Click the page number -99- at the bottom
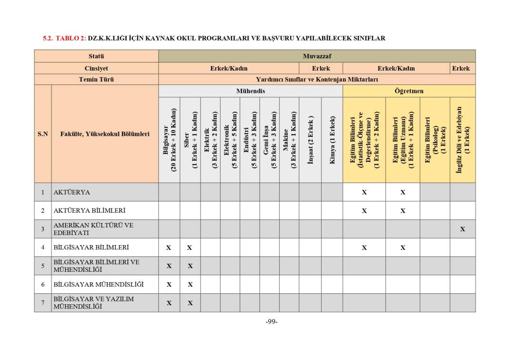pyautogui.click(x=271, y=321)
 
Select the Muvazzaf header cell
pyautogui.click(x=316, y=56)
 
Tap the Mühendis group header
pyautogui.click(x=250, y=91)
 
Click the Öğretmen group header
pyautogui.click(x=408, y=91)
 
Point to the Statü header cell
pyautogui.click(x=96, y=56)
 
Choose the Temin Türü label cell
pyautogui.click(x=96, y=80)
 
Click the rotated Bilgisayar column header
pyautogui.click(x=169, y=140)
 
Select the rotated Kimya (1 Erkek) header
pyautogui.click(x=332, y=140)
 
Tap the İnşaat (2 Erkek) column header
pyautogui.click(x=310, y=140)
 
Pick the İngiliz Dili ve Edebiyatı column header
pyautogui.click(x=462, y=140)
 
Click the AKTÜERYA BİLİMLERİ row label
pyautogui.click(x=90, y=210)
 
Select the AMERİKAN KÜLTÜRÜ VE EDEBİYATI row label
pyautogui.click(x=93, y=229)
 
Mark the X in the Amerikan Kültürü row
pyautogui.click(x=462, y=229)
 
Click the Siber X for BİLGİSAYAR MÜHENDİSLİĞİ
pyautogui.click(x=190, y=285)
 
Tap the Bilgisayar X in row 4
pyautogui.click(x=169, y=248)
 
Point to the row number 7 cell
pyautogui.click(x=42, y=303)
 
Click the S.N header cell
pyautogui.click(x=42, y=134)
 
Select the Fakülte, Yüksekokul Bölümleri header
pyautogui.click(x=104, y=134)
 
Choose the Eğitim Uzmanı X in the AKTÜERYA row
pyautogui.click(x=403, y=193)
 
